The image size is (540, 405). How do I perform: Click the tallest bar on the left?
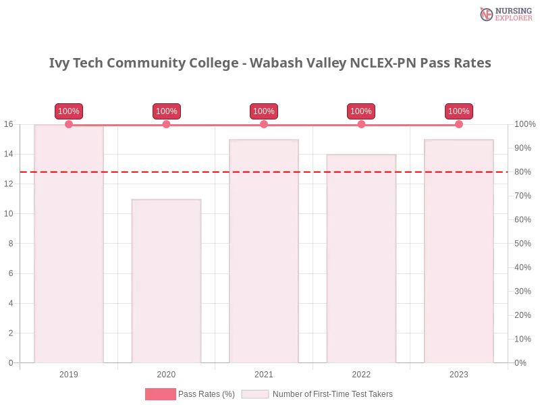(x=70, y=246)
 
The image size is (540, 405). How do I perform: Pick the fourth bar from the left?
(x=361, y=260)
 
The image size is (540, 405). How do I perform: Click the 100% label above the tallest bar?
(x=69, y=111)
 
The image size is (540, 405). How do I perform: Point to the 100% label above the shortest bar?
(x=167, y=111)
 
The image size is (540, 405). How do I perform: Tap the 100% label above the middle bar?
(x=264, y=111)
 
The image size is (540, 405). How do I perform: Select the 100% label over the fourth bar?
(x=361, y=111)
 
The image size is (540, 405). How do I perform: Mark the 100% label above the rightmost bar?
(x=459, y=111)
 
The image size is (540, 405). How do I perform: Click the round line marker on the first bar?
(x=69, y=124)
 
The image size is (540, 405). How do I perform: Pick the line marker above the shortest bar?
(x=167, y=124)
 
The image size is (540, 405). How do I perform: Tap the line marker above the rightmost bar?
(x=459, y=124)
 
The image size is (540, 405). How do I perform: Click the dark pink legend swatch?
(x=160, y=394)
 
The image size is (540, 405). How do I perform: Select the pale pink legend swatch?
(x=255, y=394)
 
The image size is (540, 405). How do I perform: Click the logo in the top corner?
(x=504, y=14)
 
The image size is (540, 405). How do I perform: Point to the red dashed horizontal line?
(x=216, y=171)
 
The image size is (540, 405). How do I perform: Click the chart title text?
(x=270, y=63)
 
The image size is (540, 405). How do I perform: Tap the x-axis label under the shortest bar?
(x=167, y=373)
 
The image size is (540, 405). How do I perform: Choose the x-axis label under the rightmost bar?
(x=458, y=373)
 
